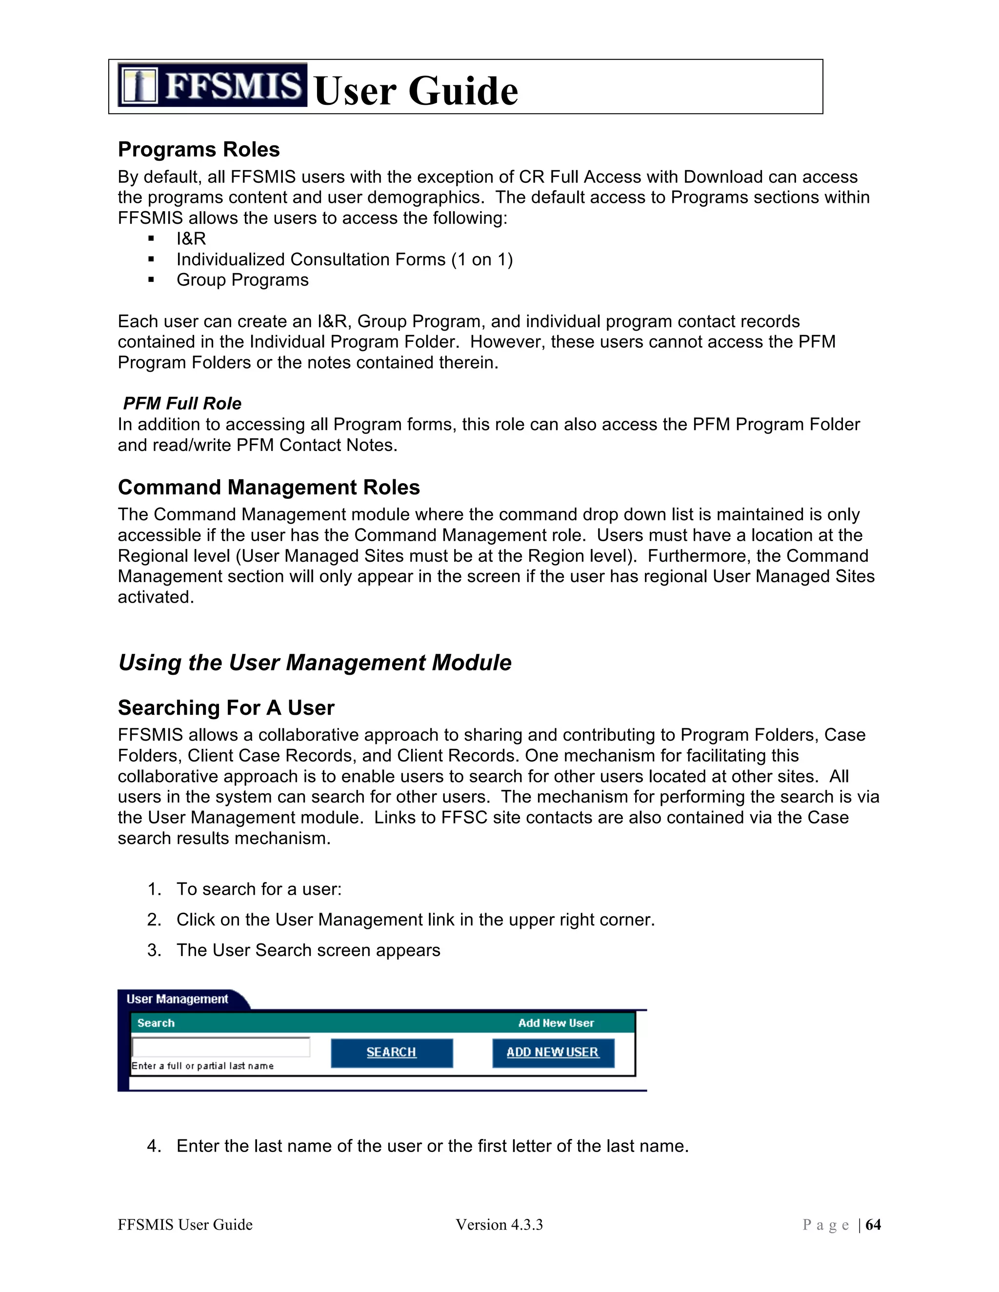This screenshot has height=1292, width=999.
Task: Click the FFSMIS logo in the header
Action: pyautogui.click(x=212, y=85)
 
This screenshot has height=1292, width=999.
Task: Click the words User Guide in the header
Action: pyautogui.click(x=416, y=91)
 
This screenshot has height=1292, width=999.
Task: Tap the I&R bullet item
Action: pyautogui.click(x=191, y=238)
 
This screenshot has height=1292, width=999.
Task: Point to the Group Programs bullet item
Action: pyautogui.click(x=242, y=280)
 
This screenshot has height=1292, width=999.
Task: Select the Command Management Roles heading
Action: pyautogui.click(x=269, y=488)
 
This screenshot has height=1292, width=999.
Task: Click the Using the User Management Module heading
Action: pyautogui.click(x=315, y=663)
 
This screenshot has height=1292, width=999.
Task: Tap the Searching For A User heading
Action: pyautogui.click(x=225, y=707)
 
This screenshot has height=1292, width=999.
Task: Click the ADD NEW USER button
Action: pyautogui.click(x=553, y=1053)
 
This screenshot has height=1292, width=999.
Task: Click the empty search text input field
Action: pyautogui.click(x=221, y=1047)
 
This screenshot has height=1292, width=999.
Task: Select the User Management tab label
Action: pyautogui.click(x=177, y=999)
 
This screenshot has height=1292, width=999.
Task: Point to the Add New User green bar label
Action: pyautogui.click(x=556, y=1023)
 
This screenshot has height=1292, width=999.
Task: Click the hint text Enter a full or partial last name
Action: pyautogui.click(x=202, y=1066)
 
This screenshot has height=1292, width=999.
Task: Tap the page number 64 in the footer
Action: pyautogui.click(x=873, y=1225)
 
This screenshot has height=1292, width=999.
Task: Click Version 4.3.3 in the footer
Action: pyautogui.click(x=499, y=1225)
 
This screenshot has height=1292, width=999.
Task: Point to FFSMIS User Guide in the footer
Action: pyautogui.click(x=185, y=1225)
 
